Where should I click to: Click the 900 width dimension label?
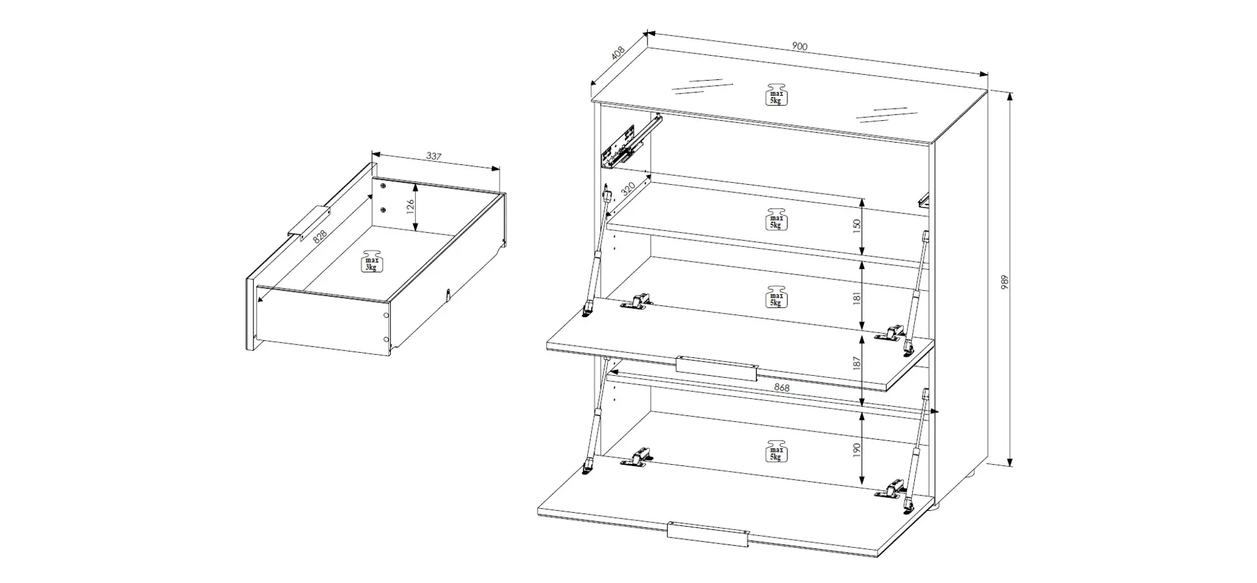pyautogui.click(x=800, y=46)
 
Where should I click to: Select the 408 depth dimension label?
pyautogui.click(x=618, y=52)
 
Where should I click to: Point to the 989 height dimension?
pyautogui.click(x=1004, y=283)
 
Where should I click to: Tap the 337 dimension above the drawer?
pyautogui.click(x=434, y=156)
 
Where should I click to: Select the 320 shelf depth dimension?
pyautogui.click(x=628, y=189)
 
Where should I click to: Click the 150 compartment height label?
pyautogui.click(x=857, y=225)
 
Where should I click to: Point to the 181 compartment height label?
pyautogui.click(x=857, y=297)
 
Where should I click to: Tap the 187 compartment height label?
pyautogui.click(x=857, y=362)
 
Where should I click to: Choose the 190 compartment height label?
pyautogui.click(x=857, y=449)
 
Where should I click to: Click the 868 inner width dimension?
pyautogui.click(x=782, y=387)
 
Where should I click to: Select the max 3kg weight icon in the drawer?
pyautogui.click(x=371, y=261)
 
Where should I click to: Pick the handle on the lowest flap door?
pyautogui.click(x=708, y=534)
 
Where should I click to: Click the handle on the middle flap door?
pyautogui.click(x=717, y=369)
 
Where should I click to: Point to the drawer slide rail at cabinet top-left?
pyautogui.click(x=630, y=143)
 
